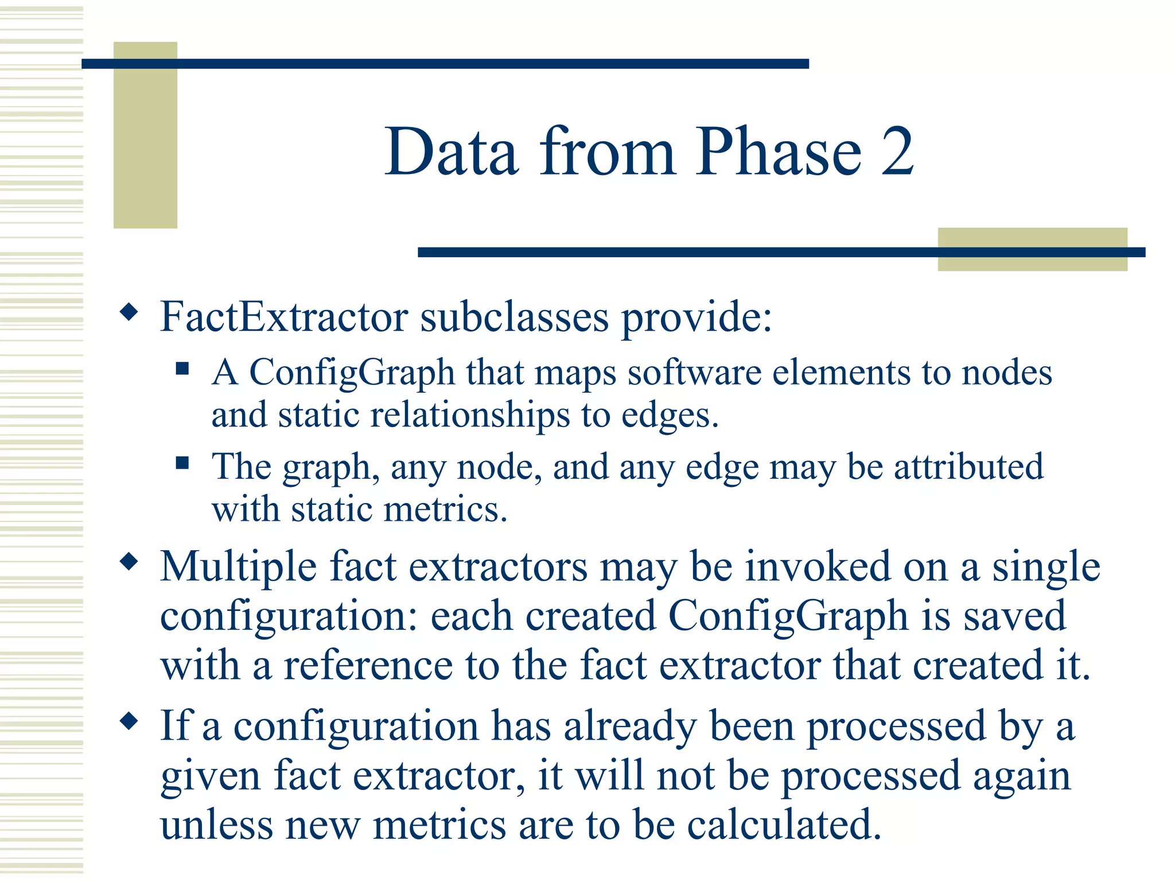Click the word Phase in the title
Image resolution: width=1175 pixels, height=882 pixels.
[779, 152]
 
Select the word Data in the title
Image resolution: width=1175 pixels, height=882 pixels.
[452, 152]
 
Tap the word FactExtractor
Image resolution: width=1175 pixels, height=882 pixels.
[284, 316]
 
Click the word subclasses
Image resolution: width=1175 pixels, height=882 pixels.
[514, 316]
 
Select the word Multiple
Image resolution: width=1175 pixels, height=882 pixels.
[238, 567]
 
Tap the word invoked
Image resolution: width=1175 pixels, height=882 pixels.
[818, 567]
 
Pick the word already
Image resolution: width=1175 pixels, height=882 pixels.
[630, 726]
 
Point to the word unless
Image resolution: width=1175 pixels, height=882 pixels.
[217, 825]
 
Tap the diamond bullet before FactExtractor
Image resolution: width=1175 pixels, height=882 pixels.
[129, 312]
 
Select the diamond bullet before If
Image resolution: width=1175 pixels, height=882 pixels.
[129, 721]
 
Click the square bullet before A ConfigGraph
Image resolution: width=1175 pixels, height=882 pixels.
[182, 368]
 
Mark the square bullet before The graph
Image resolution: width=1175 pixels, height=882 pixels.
[182, 463]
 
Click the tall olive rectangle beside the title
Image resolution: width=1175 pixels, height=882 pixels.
[145, 135]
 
